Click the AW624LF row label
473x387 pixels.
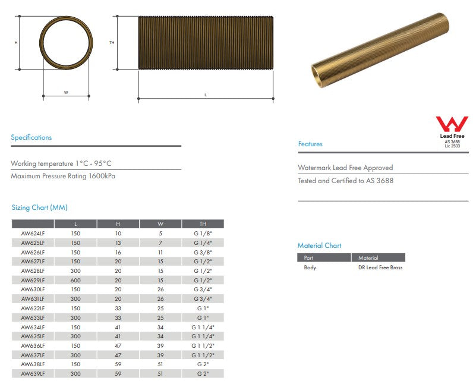tap(33, 234)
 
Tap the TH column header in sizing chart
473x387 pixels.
tap(203, 224)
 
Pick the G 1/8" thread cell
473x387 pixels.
tap(203, 234)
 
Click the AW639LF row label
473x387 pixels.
tap(33, 374)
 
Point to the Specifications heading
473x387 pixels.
tap(31, 137)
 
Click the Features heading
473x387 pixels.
tap(310, 144)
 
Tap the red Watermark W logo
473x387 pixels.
tap(452, 124)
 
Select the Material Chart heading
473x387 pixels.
tap(319, 246)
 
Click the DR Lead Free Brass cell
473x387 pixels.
tap(380, 268)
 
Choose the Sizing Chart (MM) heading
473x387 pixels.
tap(39, 207)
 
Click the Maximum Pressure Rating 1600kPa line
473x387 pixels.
tap(63, 176)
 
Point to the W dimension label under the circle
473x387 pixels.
tap(66, 93)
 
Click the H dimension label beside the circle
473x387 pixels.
tap(16, 43)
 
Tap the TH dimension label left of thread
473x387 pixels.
tap(112, 43)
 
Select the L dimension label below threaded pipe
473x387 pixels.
tap(206, 95)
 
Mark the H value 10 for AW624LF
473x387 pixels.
tap(118, 234)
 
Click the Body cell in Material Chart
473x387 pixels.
tap(310, 268)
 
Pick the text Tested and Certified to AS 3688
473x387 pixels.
tap(345, 181)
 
